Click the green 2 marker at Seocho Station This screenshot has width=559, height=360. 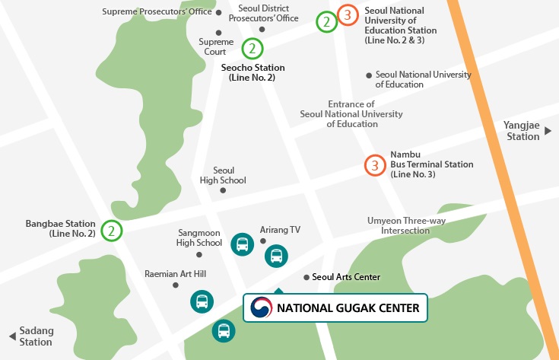click(x=253, y=49)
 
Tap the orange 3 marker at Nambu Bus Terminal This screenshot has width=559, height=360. click(x=374, y=165)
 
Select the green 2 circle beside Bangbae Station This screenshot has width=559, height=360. click(x=112, y=231)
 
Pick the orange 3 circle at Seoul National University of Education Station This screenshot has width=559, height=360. click(x=348, y=14)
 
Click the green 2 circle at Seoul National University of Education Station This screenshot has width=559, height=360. click(x=327, y=22)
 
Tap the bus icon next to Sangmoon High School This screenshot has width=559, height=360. click(x=242, y=244)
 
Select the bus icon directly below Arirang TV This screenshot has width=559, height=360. click(x=276, y=256)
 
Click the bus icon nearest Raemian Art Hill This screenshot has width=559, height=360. click(x=202, y=301)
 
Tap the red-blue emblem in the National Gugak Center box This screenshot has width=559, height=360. click(x=261, y=307)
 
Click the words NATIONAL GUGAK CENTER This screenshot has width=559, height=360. click(x=348, y=308)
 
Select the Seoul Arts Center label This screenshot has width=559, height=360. click(x=346, y=277)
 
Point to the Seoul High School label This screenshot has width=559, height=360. click(x=223, y=175)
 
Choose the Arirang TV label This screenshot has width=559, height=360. click(x=280, y=229)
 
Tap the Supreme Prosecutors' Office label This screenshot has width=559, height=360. click(x=157, y=12)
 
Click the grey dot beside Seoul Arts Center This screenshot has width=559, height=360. click(x=306, y=278)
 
